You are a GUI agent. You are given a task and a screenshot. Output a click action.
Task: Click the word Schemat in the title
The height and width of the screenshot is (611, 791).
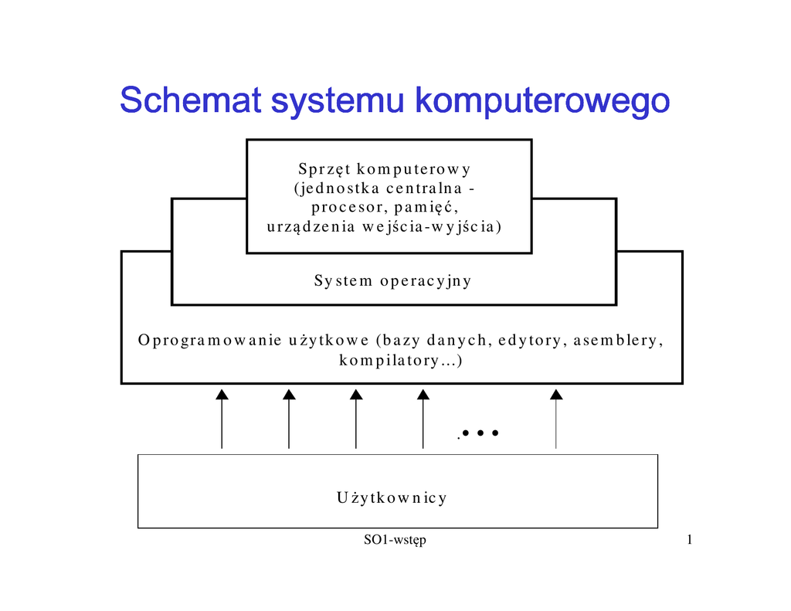(x=190, y=100)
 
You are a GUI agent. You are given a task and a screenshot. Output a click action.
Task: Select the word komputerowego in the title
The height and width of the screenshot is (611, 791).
(x=542, y=102)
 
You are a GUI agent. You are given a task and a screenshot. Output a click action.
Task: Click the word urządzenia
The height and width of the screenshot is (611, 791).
(x=311, y=226)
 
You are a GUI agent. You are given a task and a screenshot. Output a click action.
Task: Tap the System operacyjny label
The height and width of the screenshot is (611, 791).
(x=392, y=281)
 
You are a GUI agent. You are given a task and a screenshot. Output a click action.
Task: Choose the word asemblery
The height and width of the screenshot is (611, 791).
(x=618, y=341)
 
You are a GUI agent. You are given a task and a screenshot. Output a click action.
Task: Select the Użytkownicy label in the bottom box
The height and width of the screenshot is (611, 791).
(x=392, y=498)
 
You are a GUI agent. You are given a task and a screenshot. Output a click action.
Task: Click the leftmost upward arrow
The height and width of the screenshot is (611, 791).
(x=222, y=419)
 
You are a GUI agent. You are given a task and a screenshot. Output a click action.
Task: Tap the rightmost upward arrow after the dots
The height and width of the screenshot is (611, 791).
(x=556, y=419)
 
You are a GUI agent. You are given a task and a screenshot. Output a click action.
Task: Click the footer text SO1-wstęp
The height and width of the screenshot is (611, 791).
(x=395, y=540)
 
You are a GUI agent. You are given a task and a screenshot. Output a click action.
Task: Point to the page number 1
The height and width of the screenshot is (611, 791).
(x=689, y=540)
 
